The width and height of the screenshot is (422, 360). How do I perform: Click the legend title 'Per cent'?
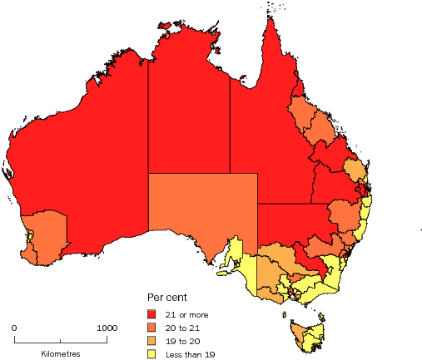166,297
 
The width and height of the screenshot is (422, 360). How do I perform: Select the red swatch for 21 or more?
152,314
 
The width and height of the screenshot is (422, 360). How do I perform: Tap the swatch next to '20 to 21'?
152,328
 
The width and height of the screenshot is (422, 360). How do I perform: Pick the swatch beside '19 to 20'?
152,341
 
